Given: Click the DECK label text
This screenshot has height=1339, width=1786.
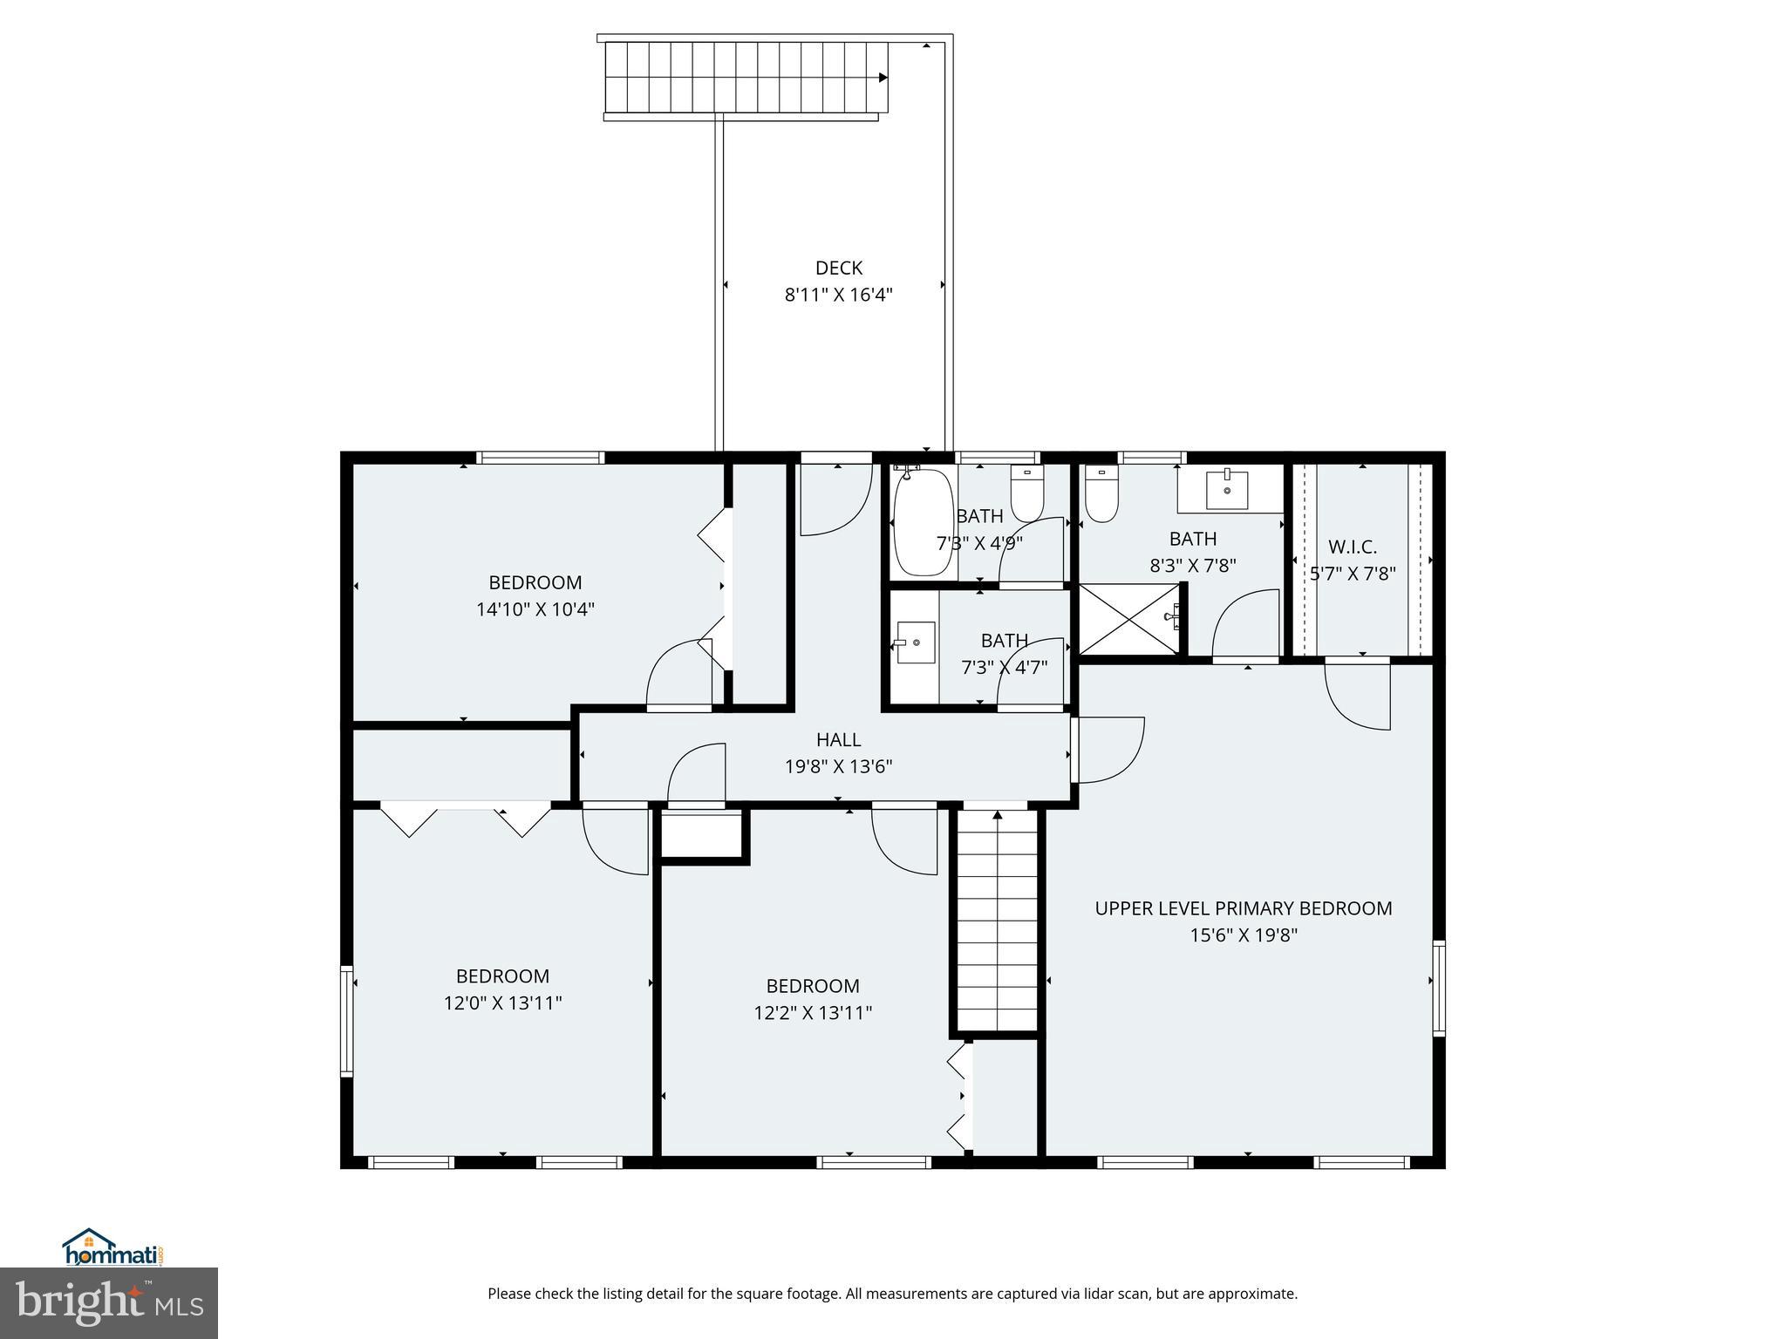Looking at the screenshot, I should (838, 268).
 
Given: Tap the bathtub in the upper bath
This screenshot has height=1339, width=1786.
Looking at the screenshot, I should (923, 523).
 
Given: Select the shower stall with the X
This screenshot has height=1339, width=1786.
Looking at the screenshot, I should (1128, 619).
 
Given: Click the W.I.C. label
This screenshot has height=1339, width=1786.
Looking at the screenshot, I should (1352, 547).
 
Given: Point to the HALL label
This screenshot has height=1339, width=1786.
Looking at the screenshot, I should (838, 740).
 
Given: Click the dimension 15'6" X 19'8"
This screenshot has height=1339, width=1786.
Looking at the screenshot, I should (1244, 935).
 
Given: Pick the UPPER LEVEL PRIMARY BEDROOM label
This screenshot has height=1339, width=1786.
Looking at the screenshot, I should (1244, 908).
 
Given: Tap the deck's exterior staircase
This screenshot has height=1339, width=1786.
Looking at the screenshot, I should (746, 78).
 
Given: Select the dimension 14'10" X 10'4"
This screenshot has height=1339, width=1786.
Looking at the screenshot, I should (535, 609).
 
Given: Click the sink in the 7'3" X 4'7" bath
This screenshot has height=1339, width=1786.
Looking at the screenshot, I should (916, 642).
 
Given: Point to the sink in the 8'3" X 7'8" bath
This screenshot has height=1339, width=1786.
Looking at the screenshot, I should (1227, 489).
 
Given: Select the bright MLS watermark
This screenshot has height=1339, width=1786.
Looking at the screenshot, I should (109, 1304).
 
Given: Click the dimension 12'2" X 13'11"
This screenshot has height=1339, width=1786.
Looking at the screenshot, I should (813, 1013).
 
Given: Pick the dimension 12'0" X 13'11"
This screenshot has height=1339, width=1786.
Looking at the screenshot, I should (502, 1003).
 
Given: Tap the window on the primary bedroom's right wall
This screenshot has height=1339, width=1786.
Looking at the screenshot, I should (1438, 988).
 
